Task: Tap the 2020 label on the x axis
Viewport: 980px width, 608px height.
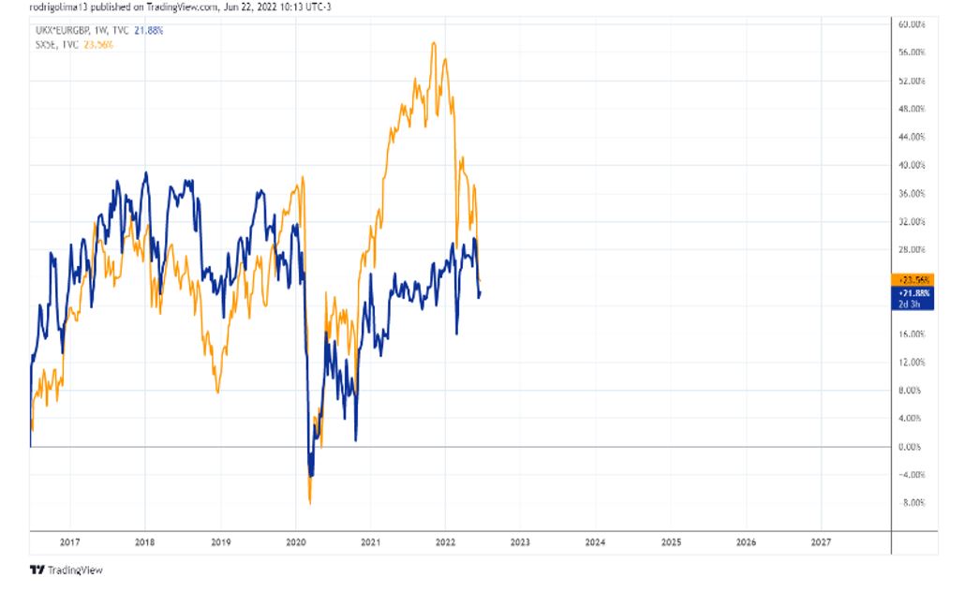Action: (295, 542)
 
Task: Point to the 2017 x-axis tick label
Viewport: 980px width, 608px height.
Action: (69, 542)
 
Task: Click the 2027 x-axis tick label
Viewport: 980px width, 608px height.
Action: (821, 542)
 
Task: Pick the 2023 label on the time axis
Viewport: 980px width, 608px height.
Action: (520, 542)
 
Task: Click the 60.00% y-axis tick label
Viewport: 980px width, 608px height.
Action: (912, 24)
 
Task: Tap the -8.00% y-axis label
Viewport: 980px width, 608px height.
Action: (912, 503)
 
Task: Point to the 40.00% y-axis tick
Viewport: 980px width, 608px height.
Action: (912, 165)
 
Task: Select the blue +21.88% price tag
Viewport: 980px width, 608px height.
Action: (913, 292)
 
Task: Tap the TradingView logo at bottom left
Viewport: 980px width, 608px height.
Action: (66, 570)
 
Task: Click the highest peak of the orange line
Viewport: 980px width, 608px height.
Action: (433, 42)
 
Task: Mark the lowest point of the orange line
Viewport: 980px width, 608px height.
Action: (310, 504)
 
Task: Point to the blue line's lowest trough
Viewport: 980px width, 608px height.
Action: (310, 476)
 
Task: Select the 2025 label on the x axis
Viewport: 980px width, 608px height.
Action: (671, 542)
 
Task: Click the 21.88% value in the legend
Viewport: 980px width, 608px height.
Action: (149, 31)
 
